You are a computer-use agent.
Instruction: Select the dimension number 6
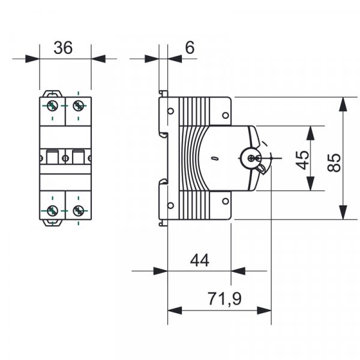(x=189, y=48)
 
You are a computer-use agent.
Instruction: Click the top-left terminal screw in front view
(x=53, y=106)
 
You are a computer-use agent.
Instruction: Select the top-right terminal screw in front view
(x=77, y=106)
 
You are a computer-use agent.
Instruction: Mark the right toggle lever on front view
(x=77, y=157)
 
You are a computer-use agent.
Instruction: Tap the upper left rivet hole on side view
(x=171, y=110)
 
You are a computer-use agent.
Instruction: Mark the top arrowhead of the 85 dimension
(x=343, y=104)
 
